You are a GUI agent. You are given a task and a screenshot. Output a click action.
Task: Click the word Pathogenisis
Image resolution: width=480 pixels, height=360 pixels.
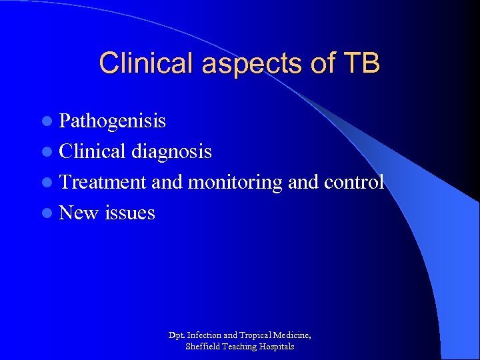(x=113, y=121)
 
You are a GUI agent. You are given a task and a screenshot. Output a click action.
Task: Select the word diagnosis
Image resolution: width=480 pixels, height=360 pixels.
(x=171, y=151)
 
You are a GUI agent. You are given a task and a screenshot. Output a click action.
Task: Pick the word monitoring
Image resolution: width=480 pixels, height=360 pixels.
(x=235, y=182)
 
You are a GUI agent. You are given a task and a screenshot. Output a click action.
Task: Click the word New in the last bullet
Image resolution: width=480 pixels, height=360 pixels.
(x=79, y=213)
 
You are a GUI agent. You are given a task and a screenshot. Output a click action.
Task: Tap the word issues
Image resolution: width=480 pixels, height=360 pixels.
(x=130, y=213)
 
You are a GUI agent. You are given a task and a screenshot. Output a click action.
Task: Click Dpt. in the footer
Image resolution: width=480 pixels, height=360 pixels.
(x=177, y=335)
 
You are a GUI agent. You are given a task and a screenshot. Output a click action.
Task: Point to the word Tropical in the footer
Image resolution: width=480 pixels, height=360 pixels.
(x=257, y=335)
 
